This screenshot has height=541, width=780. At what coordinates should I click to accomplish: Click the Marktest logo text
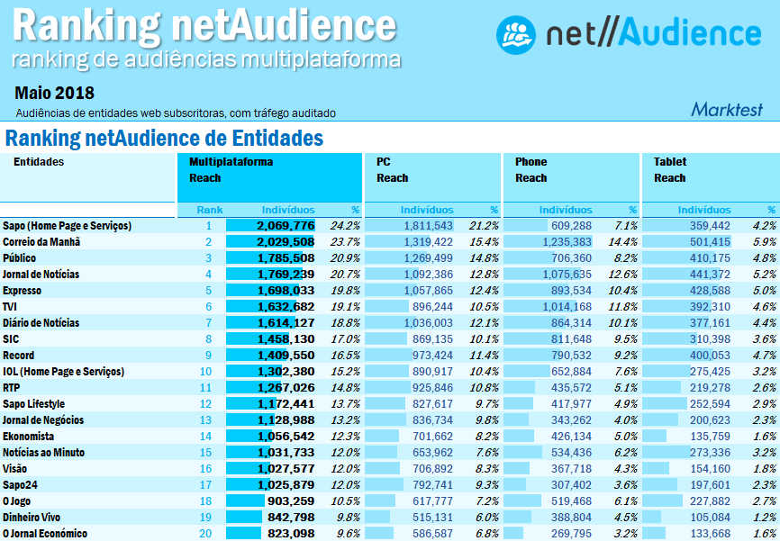[726, 110]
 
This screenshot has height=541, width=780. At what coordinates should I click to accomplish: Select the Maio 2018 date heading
[54, 93]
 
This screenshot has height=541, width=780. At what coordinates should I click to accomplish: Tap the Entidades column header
[39, 162]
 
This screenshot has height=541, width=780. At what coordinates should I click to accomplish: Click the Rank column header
[210, 210]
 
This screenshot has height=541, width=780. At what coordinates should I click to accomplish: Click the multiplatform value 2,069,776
[285, 226]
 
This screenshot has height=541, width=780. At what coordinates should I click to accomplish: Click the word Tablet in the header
[670, 162]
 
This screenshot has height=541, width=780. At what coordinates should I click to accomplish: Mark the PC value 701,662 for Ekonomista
[431, 437]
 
